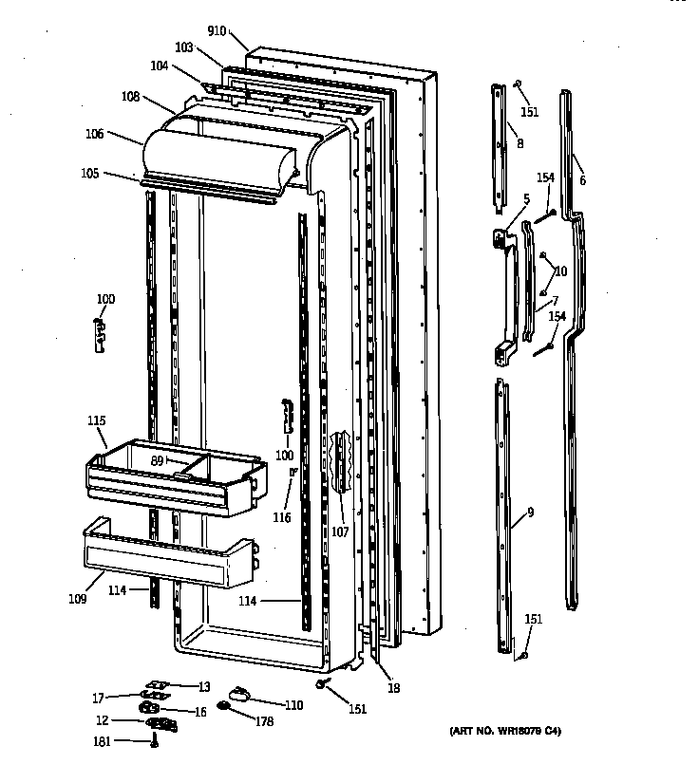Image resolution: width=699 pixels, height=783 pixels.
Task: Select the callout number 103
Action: tap(184, 47)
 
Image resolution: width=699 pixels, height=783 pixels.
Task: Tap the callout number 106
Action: tap(94, 134)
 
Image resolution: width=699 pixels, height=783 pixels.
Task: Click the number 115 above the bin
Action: tap(96, 420)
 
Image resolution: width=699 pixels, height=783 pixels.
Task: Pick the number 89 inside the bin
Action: tap(158, 460)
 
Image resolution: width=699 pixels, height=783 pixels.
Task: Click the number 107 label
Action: tap(340, 531)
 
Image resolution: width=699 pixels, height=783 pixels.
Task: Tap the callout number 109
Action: tap(77, 599)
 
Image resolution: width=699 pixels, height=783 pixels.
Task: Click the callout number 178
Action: tap(265, 722)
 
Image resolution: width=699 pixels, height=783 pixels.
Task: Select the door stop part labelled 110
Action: tap(239, 694)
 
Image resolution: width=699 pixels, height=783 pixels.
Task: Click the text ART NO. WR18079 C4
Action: tap(511, 732)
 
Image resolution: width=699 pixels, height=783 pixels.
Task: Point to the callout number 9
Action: tap(530, 513)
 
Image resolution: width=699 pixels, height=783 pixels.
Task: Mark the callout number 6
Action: tap(582, 180)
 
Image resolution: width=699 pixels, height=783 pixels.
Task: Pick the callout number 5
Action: tap(525, 199)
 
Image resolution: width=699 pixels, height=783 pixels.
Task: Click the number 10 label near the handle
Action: tap(560, 270)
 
